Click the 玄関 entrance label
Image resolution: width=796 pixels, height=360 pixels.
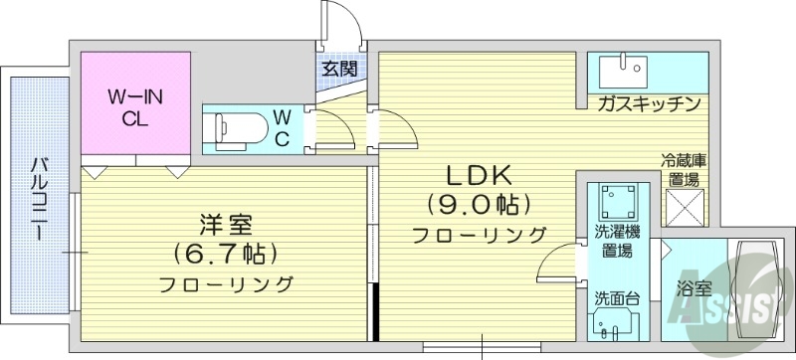coord(339,70)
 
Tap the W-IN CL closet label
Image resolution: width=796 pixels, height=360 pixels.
coord(135,107)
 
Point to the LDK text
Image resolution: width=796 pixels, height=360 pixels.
coord(479,176)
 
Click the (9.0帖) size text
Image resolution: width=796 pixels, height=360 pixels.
coord(479,206)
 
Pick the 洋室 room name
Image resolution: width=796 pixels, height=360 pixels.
coord(225,225)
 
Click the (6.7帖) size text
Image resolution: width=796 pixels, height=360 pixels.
coord(225,254)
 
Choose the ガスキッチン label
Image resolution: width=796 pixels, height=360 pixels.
coord(651,103)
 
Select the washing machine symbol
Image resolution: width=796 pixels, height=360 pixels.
coord(619,203)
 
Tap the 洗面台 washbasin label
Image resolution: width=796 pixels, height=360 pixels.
coord(618,296)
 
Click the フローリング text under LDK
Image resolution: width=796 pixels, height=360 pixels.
coord(480,236)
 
